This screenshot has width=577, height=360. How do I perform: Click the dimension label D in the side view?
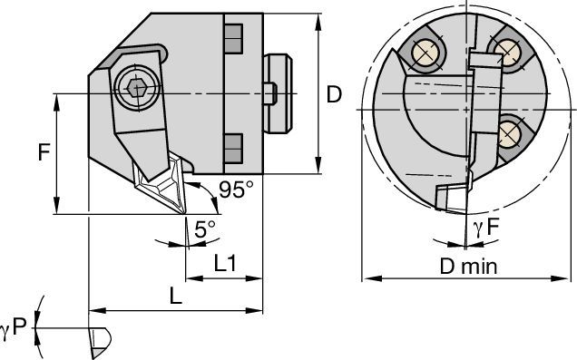coord(334,94)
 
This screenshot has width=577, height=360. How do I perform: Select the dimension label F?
coord(44,152)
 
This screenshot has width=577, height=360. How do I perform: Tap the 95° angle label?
coord(236,190)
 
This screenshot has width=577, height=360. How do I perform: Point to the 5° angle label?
coord(205,229)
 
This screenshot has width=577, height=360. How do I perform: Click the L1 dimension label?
coord(225,263)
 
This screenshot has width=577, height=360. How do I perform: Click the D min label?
coord(468,267)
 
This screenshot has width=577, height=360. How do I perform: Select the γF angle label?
coord(485,228)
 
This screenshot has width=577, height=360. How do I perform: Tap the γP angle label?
coord(14,327)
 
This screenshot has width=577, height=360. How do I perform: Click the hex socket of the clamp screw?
coord(136,88)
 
